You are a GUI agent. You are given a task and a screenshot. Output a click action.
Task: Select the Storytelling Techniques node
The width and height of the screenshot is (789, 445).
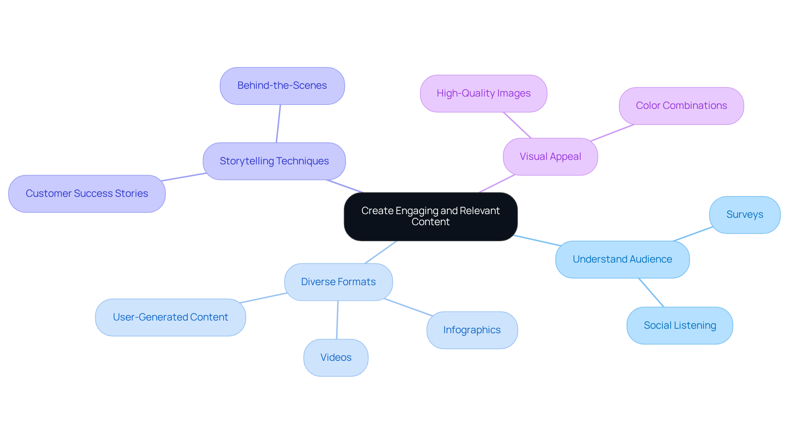tap(274, 161)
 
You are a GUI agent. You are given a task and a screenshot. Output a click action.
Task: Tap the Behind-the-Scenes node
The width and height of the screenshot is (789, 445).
tap(282, 85)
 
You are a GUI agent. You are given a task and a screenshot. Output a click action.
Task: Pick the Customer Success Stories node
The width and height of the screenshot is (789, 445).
tap(87, 194)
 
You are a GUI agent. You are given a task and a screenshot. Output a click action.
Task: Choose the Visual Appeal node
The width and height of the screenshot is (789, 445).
tap(550, 157)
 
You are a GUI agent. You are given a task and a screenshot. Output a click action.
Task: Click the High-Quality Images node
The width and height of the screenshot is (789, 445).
tap(483, 93)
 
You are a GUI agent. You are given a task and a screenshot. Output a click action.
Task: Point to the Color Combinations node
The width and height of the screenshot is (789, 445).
tap(681, 106)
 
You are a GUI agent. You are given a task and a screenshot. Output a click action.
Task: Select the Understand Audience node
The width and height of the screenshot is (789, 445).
tap(622, 259)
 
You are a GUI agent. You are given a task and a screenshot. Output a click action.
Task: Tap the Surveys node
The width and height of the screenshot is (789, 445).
tap(744, 214)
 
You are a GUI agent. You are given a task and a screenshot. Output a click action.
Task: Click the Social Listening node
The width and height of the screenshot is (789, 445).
tap(679, 325)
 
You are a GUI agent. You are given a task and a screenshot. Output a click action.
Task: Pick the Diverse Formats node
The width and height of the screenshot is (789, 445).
tap(338, 282)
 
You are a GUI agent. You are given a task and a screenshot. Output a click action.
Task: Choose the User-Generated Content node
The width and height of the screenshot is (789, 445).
tap(170, 317)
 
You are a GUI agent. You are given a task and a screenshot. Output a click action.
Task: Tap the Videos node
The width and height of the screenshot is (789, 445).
tap(336, 357)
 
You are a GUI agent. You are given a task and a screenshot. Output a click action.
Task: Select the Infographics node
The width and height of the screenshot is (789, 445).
tap(472, 330)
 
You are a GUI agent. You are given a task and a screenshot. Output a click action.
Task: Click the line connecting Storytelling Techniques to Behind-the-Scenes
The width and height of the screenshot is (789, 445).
tap(278, 124)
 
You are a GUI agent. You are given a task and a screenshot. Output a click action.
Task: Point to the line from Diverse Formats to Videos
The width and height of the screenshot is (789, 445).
tap(337, 320)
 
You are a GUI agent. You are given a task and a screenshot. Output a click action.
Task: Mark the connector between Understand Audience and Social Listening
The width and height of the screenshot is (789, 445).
tap(651, 293)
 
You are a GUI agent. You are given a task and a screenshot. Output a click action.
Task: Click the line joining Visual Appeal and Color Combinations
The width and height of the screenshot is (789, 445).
tap(612, 132)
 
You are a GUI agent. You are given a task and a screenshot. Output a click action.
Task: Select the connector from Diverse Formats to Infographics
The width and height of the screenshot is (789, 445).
tap(408, 307)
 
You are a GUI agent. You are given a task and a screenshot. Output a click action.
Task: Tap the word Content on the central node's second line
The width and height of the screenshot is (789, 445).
tap(430, 222)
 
